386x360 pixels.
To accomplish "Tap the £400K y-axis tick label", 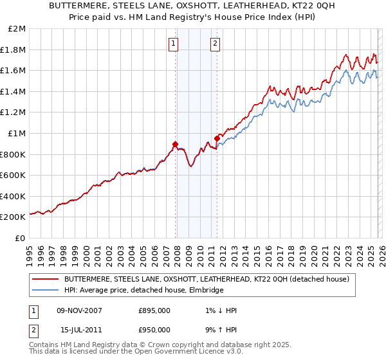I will (14, 196).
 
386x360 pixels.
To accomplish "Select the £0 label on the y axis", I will (21, 238).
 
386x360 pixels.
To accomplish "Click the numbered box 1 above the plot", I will (174, 44).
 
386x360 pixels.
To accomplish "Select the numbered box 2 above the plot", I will (214, 44).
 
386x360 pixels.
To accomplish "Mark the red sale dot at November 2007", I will (175, 144).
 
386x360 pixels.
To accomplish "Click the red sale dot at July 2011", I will (217, 138).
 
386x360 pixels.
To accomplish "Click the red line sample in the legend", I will (45, 279).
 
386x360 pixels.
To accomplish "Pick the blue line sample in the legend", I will (45, 291).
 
